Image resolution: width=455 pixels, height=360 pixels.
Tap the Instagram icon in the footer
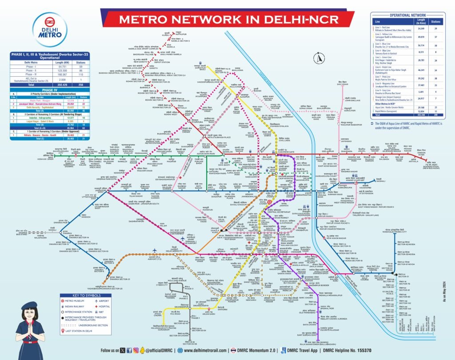pyautogui.click(x=136, y=351)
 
